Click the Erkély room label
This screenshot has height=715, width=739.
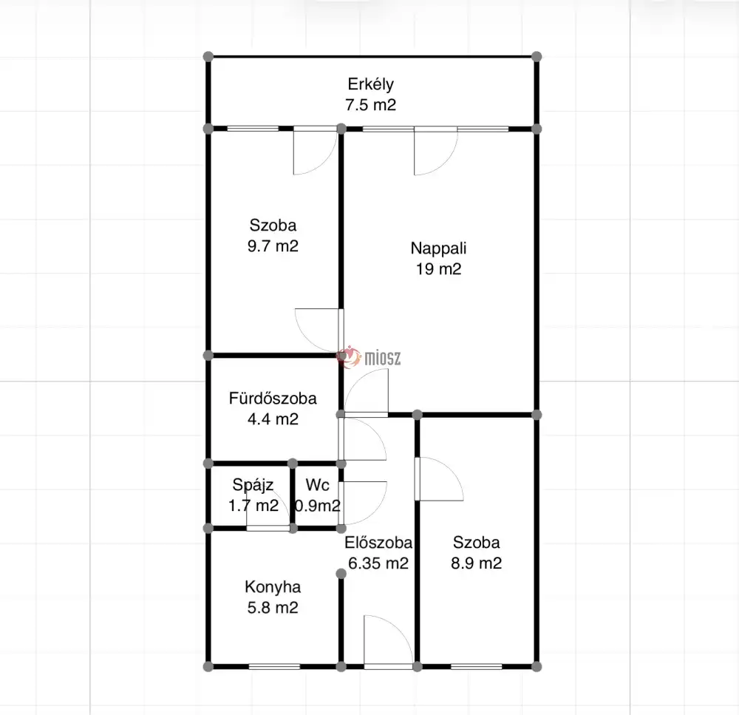tap(370, 84)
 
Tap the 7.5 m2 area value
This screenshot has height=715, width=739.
tap(370, 105)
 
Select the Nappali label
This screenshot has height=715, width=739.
tap(438, 248)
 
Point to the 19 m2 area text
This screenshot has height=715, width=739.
tap(438, 269)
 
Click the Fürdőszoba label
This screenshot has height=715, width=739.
tap(273, 399)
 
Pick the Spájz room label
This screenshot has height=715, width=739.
tap(253, 485)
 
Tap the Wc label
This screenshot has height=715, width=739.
tap(317, 485)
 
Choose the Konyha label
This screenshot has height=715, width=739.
tap(273, 587)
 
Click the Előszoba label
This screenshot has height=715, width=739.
tap(378, 543)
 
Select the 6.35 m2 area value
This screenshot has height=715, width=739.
tap(378, 563)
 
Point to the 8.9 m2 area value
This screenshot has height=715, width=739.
tap(477, 563)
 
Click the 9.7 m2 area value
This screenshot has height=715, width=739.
tap(273, 246)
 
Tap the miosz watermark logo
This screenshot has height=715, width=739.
tap(369, 358)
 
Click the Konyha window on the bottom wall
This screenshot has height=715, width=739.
tap(274, 666)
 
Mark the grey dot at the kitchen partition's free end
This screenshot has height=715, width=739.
tap(341, 574)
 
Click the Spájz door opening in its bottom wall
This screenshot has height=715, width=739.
tap(268, 528)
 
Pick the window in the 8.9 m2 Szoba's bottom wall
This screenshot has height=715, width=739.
tap(477, 666)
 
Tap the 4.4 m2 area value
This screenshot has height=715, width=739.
tap(273, 419)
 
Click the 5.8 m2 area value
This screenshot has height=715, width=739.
tap(273, 608)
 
